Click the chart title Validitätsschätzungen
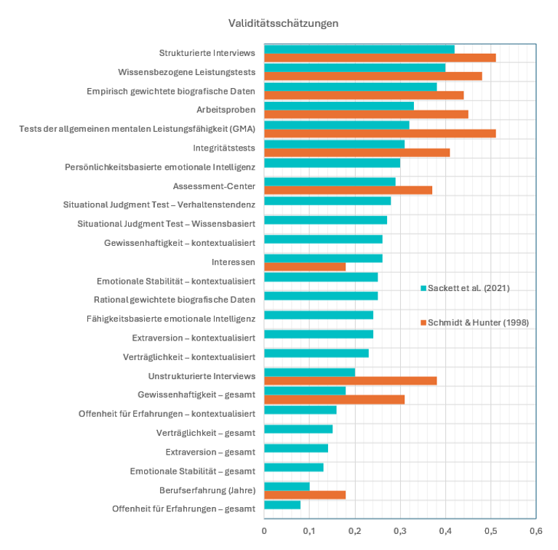tap(283, 23)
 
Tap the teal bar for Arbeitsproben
tap(339, 105)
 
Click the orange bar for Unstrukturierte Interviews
tap(350, 380)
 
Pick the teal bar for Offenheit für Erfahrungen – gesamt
tap(282, 504)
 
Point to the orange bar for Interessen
tap(305, 266)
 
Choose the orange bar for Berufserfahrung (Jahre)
tap(305, 495)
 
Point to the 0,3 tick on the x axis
tap(400, 530)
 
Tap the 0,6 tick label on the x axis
tap(536, 530)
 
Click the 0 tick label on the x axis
tap(264, 530)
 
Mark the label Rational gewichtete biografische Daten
tap(175, 299)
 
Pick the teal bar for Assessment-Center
tap(330, 181)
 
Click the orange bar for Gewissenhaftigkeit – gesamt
tap(334, 399)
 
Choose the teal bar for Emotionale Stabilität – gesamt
tap(294, 466)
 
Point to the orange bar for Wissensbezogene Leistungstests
tap(372, 76)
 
